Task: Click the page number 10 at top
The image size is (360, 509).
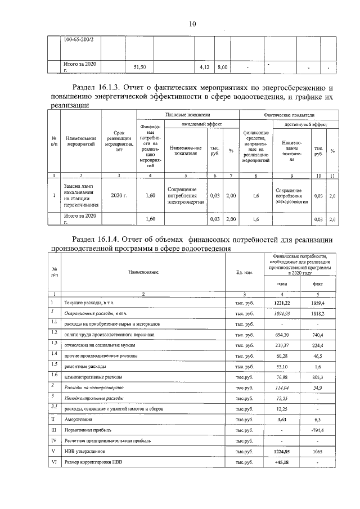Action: (192, 24)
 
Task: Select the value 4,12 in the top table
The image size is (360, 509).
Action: (205, 67)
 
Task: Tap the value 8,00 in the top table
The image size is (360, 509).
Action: (222, 67)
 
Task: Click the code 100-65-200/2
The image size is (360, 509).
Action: (79, 40)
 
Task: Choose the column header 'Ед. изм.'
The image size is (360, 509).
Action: (244, 272)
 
